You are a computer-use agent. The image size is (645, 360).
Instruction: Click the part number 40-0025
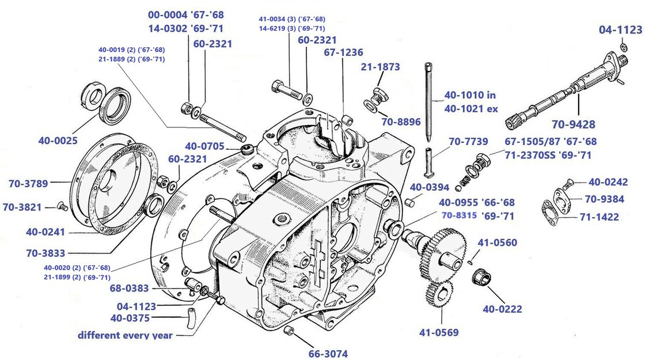[58, 140]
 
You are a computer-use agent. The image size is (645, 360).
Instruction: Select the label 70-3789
[29, 184]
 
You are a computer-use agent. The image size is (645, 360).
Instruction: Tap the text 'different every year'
[125, 335]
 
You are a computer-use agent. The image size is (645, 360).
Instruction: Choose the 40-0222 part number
[502, 309]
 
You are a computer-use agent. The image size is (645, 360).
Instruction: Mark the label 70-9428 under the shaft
[573, 124]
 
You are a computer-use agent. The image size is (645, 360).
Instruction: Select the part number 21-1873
[380, 67]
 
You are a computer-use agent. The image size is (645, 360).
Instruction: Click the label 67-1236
[343, 52]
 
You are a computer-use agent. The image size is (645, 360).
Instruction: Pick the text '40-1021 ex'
[470, 109]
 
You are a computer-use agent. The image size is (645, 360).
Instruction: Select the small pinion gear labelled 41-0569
[439, 294]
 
